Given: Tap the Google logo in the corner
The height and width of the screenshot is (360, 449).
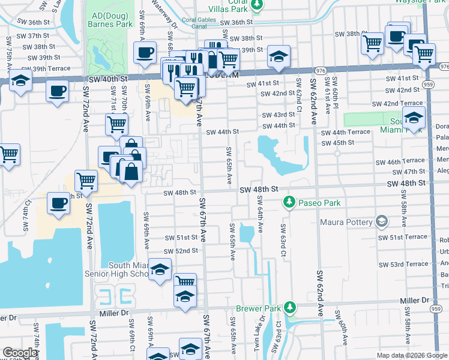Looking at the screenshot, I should pos(20,353).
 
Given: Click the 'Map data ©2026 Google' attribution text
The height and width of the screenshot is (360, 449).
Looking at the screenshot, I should pos(411,355).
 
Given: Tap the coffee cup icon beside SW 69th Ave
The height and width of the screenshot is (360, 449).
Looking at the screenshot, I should pos(144,53).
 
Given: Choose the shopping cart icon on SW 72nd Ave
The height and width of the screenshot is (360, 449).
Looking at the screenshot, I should pos(86,179).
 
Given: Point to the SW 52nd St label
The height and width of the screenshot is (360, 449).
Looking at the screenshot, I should pos(181,251).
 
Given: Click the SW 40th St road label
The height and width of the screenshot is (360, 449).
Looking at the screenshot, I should pos(106,79).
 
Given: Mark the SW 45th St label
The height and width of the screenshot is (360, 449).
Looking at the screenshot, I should pos(337,143).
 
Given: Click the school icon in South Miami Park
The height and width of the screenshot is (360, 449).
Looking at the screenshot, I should pos(414,118).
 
